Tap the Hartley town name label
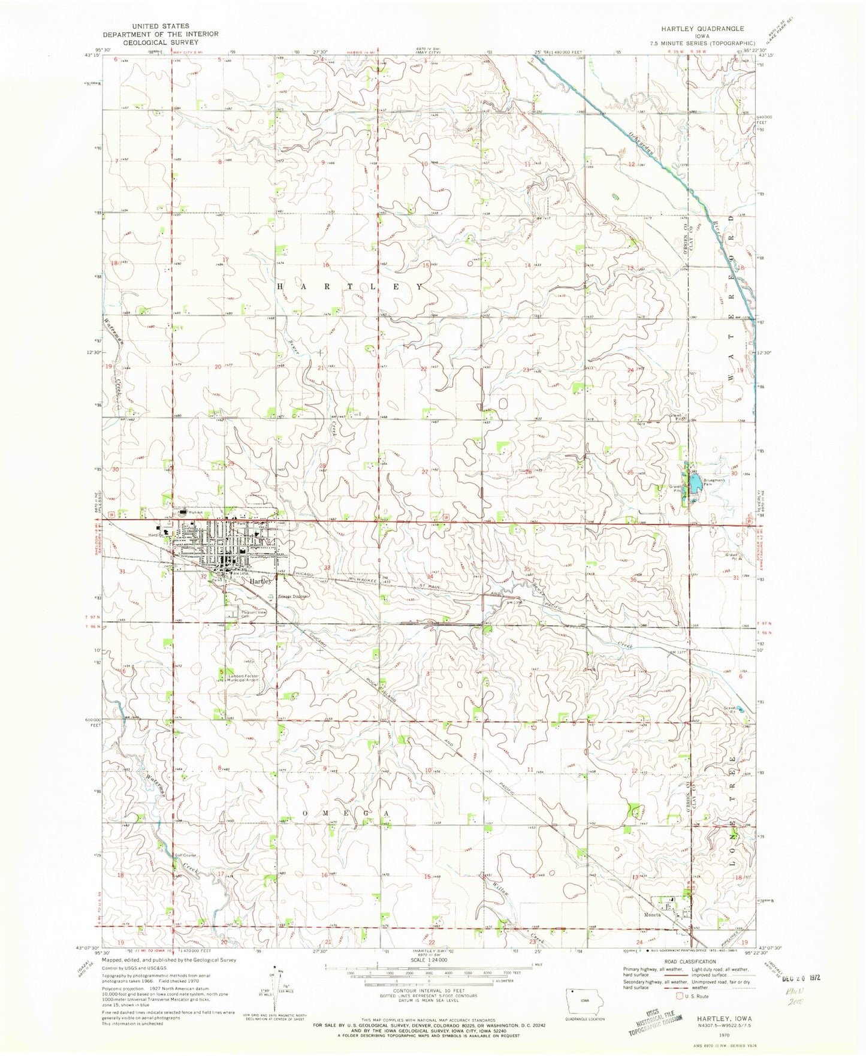261,581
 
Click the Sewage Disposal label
293,596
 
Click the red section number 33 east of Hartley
327,567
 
